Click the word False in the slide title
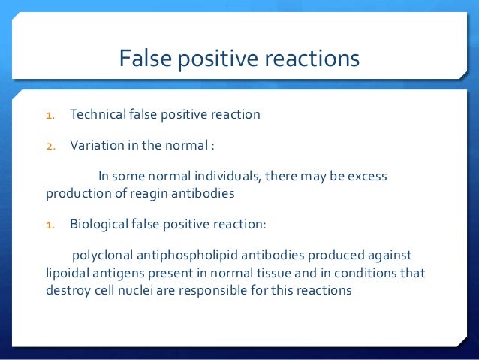(146, 58)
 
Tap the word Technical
(98, 115)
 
